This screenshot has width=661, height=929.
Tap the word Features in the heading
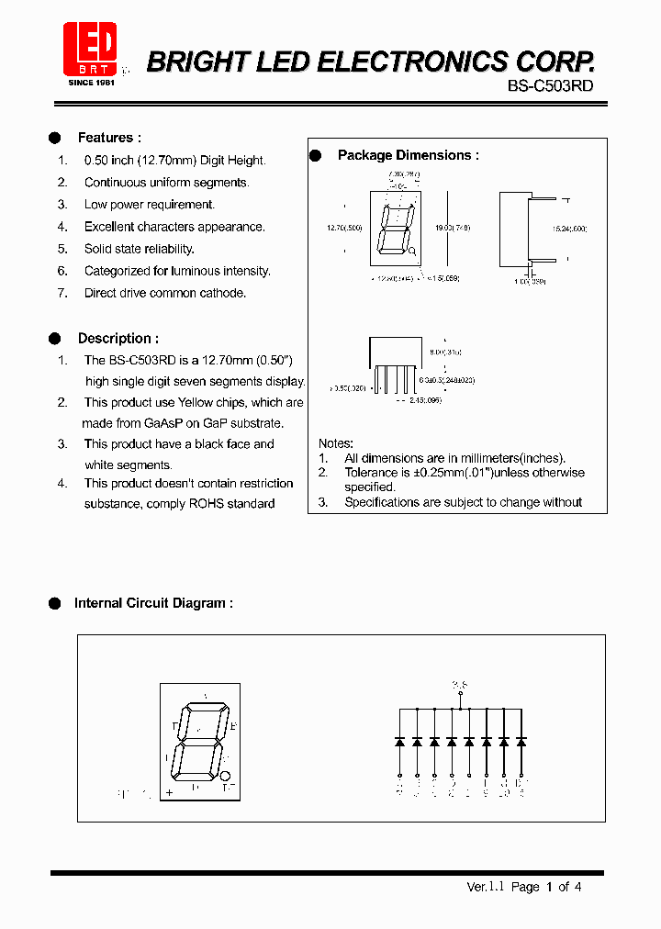tap(106, 138)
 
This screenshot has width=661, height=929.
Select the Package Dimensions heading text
tap(408, 155)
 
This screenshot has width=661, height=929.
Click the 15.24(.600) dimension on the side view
tap(569, 228)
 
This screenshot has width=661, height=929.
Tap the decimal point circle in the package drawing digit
tap(412, 251)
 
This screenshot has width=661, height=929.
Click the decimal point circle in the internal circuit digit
tap(226, 776)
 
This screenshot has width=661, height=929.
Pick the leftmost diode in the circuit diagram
tap(399, 741)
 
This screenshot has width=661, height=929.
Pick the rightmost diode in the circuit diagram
tap(521, 741)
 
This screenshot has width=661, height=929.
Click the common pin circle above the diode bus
tap(460, 695)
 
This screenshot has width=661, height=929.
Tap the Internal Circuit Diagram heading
tap(152, 603)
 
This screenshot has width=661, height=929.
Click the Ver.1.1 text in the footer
tap(486, 887)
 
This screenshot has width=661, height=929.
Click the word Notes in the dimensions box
tap(335, 443)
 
